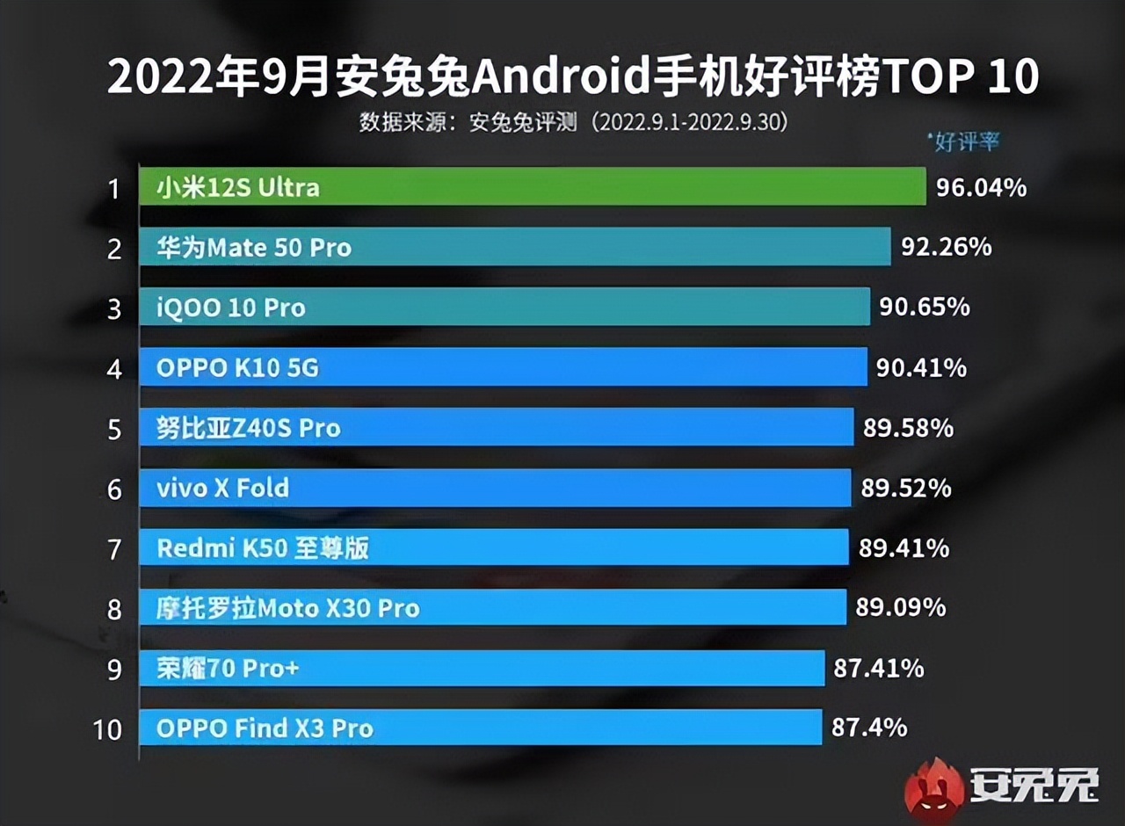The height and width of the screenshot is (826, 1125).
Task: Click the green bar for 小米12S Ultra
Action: (532, 187)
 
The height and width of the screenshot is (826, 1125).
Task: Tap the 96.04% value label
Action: (981, 187)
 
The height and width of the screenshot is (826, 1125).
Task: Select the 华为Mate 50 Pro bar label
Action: (253, 248)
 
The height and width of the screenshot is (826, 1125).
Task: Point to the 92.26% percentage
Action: (946, 247)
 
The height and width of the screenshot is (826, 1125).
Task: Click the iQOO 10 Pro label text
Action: (231, 308)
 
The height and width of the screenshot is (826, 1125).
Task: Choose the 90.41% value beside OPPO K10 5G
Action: (921, 367)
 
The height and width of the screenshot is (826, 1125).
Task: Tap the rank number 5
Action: (114, 430)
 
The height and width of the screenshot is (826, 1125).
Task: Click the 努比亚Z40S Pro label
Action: (248, 428)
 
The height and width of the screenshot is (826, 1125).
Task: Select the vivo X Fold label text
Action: (222, 488)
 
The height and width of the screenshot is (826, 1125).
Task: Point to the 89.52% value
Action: (905, 488)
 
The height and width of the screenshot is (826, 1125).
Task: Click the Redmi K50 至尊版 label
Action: (262, 548)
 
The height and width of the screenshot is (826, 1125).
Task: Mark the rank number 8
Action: (114, 610)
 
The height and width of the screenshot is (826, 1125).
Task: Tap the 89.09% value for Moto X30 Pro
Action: (900, 607)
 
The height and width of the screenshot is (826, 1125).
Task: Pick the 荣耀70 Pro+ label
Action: (228, 669)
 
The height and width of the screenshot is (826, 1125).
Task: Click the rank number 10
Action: (108, 729)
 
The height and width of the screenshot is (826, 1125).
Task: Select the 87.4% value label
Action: (868, 728)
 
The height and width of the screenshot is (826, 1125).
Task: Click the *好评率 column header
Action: (963, 141)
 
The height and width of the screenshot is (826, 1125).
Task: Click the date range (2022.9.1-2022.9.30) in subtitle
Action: (687, 122)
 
